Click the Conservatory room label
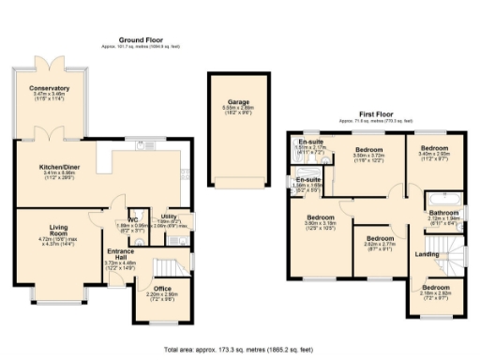49,88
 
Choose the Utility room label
170,217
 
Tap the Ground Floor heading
142,39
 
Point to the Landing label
427,254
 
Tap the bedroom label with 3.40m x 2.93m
434,148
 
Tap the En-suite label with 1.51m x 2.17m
310,142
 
